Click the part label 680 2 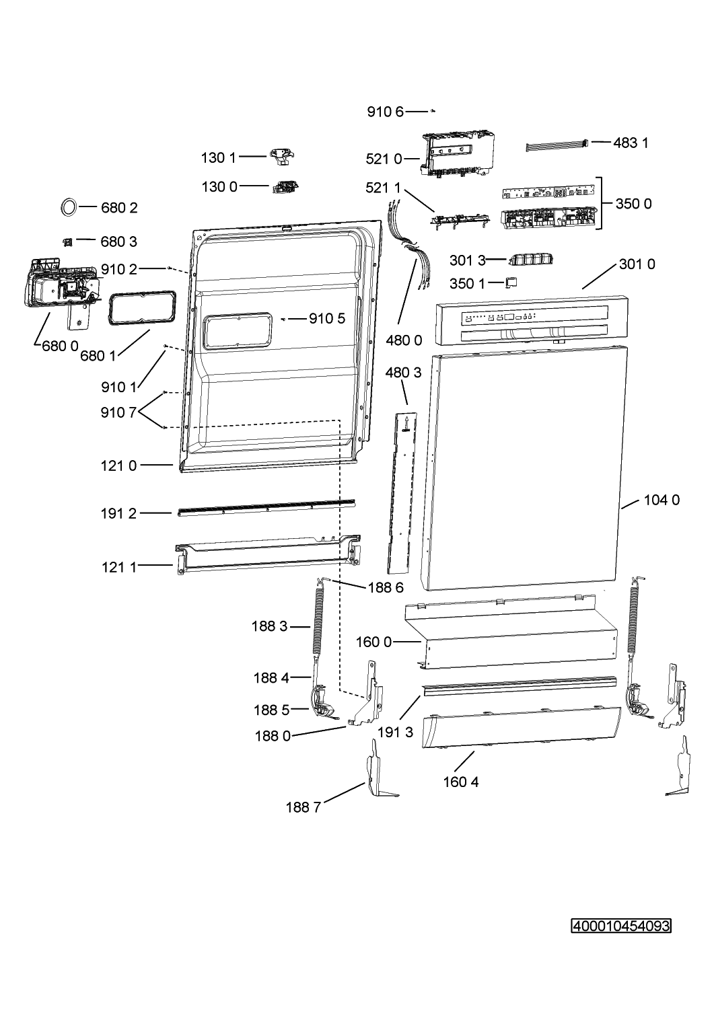(119, 208)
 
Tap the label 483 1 (631, 143)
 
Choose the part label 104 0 (662, 500)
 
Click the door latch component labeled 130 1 (282, 157)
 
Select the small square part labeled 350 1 (511, 283)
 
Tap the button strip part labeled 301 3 (530, 260)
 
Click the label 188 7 (304, 807)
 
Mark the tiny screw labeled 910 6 (432, 111)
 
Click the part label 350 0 (634, 204)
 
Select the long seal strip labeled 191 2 (266, 508)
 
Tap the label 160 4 (461, 782)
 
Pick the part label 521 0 (384, 159)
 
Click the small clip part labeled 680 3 (67, 242)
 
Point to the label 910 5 (327, 318)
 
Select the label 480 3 (403, 373)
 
